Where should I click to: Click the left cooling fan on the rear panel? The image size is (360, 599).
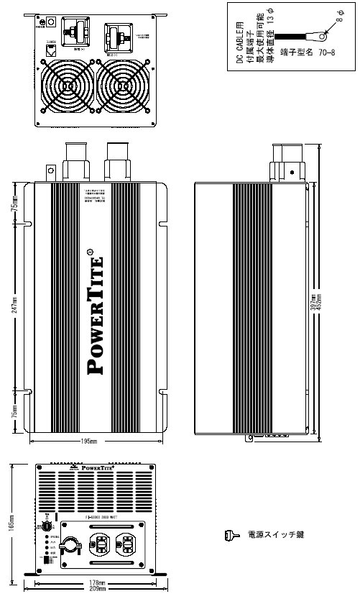click(x=67, y=85)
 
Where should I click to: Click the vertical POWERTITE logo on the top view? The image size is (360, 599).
click(x=98, y=313)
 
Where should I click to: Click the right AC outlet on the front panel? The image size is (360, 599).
click(x=127, y=545)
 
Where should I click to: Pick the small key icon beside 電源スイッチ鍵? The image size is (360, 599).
click(x=229, y=534)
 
